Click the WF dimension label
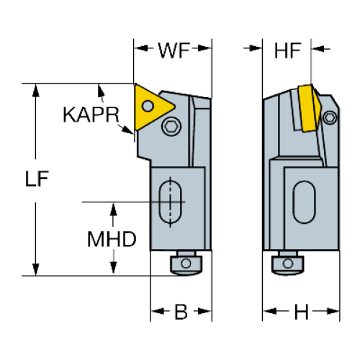174,50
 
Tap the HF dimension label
287,50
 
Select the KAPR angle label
91,114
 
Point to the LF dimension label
37,179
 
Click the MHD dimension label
112,239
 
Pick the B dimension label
181,312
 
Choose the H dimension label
301,312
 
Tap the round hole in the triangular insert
148,106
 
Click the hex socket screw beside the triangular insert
171,126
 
